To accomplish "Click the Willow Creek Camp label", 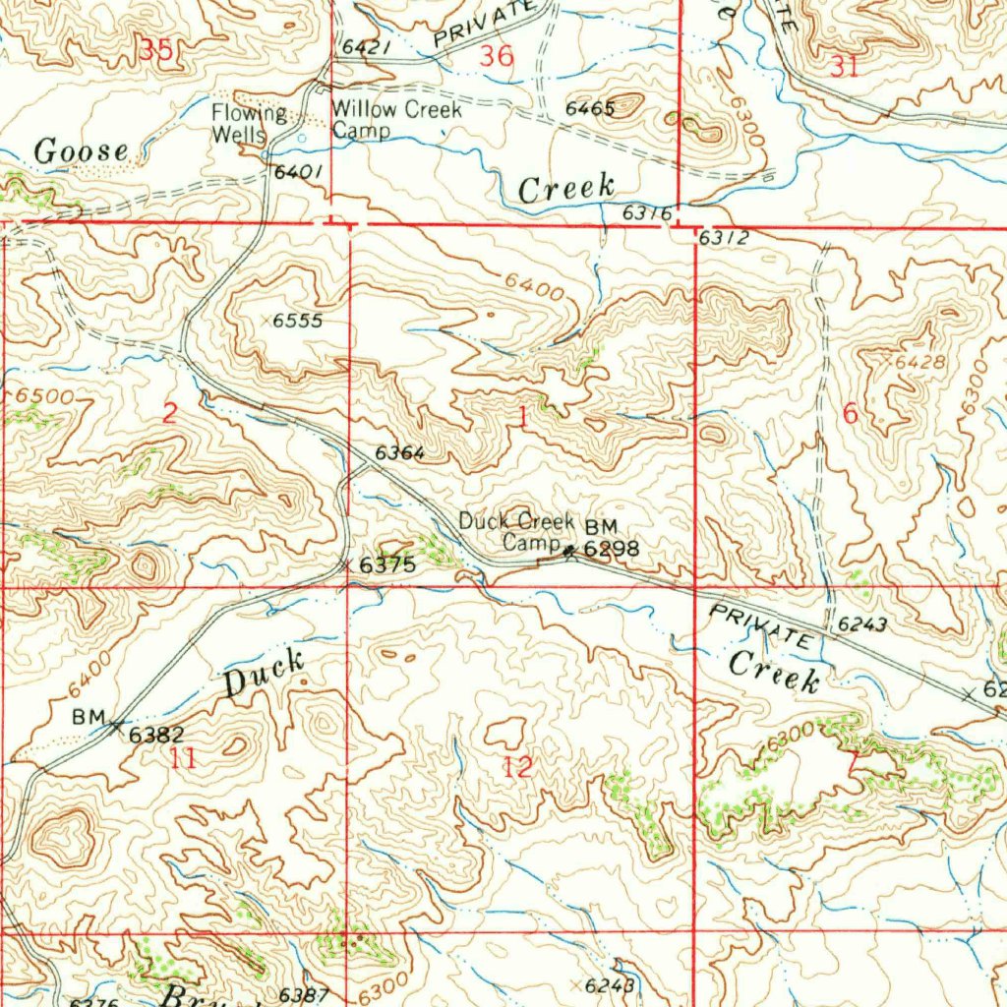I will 395,120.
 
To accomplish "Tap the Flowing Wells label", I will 249,123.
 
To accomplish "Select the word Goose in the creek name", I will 82,151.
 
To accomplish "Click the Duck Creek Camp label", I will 516,531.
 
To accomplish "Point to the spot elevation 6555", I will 298,321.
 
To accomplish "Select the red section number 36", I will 496,57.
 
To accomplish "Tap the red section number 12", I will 517,768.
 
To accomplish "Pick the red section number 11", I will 183,758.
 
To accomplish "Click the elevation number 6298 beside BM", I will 612,550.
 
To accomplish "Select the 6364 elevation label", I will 399,453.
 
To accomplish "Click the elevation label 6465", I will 590,108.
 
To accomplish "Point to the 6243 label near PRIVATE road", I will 863,624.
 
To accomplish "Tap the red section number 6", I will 850,415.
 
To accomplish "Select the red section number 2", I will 169,413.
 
